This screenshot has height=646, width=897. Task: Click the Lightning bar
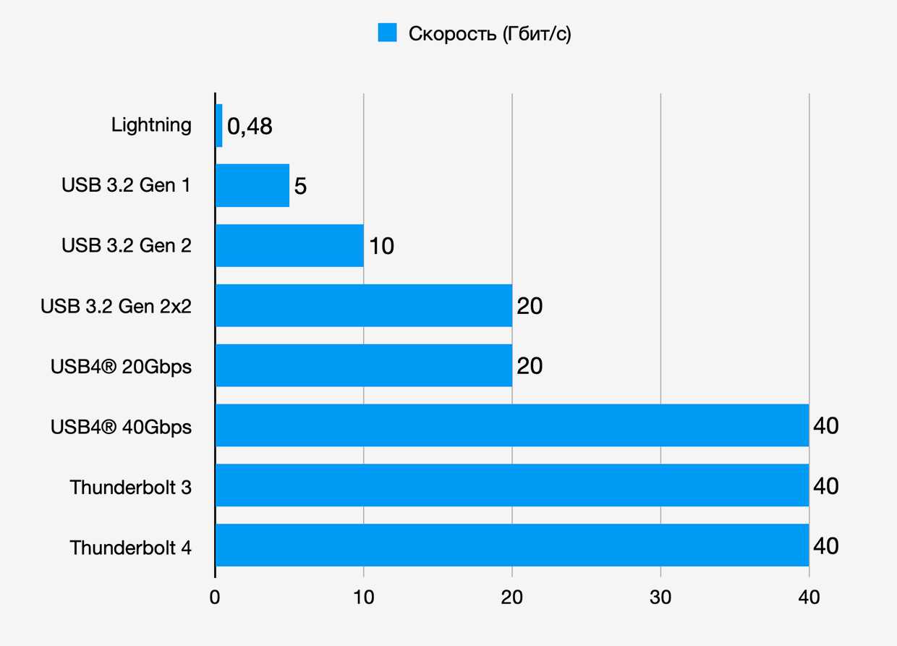pyautogui.click(x=219, y=126)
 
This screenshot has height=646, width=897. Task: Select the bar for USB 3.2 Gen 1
pyautogui.click(x=252, y=186)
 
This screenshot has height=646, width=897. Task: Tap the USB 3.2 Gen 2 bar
pyautogui.click(x=289, y=246)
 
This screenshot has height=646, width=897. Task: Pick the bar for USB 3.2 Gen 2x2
pyautogui.click(x=364, y=306)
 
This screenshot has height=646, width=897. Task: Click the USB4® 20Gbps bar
pyautogui.click(x=364, y=365)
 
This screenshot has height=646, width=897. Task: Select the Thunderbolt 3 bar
pyautogui.click(x=512, y=485)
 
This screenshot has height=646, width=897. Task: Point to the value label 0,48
pyautogui.click(x=250, y=127)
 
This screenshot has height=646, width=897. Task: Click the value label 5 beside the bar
pyautogui.click(x=301, y=187)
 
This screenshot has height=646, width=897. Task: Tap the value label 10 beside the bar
pyautogui.click(x=381, y=247)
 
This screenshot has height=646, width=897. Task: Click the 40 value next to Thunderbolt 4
pyautogui.click(x=826, y=545)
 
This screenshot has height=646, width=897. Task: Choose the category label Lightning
pyautogui.click(x=151, y=125)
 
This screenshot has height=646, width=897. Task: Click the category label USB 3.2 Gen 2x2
pyautogui.click(x=116, y=306)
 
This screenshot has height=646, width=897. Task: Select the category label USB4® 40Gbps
pyautogui.click(x=121, y=427)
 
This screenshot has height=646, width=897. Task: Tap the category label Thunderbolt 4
pyautogui.click(x=131, y=548)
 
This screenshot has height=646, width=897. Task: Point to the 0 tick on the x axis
pyautogui.click(x=215, y=598)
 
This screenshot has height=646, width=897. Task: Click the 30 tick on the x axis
pyautogui.click(x=660, y=598)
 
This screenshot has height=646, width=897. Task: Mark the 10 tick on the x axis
pyautogui.click(x=363, y=598)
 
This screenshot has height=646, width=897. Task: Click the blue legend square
pyautogui.click(x=388, y=33)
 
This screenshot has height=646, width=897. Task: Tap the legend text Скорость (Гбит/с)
pyautogui.click(x=490, y=33)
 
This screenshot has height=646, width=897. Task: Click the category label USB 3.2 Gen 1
pyautogui.click(x=127, y=186)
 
